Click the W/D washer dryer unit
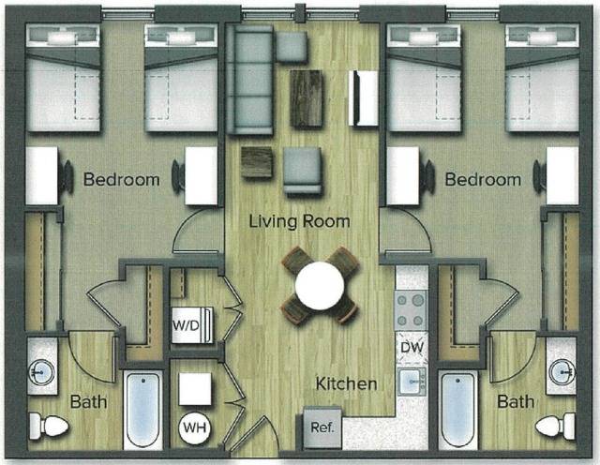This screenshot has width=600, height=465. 192,325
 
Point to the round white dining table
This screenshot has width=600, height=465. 319,284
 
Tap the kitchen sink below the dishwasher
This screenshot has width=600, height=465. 412,382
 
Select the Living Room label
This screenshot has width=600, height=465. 299,222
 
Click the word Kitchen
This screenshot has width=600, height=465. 346,384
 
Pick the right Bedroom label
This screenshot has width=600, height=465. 482,178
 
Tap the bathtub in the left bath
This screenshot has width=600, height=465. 143,410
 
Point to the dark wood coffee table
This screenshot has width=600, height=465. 307,98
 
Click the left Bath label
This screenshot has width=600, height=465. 89,402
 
